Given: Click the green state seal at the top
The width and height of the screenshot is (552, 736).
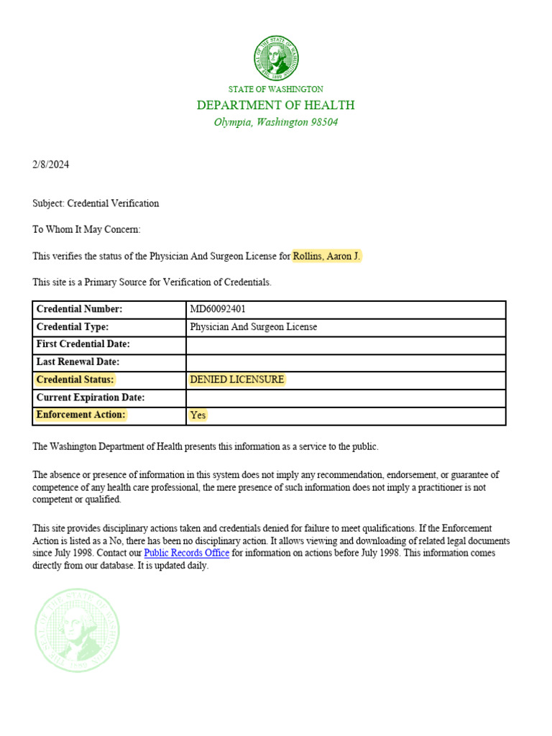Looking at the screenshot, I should [276, 58].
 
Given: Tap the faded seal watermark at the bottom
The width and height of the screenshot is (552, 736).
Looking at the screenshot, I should [78, 630].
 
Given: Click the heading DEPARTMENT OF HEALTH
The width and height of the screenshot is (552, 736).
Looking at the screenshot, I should [276, 106].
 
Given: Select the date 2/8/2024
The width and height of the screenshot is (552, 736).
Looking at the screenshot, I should [51, 165].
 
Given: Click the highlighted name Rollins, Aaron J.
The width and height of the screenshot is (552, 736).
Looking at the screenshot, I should [326, 257].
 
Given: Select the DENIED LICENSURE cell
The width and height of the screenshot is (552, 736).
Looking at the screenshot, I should [237, 379].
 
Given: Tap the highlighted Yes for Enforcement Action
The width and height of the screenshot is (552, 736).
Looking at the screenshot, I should [198, 415].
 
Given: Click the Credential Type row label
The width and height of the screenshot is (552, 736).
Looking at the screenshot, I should [73, 327].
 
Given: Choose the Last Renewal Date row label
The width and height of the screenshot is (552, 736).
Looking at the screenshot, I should [78, 362].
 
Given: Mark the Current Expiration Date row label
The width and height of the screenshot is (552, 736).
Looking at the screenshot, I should [91, 397].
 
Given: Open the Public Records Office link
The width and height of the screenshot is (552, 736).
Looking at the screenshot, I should [187, 553].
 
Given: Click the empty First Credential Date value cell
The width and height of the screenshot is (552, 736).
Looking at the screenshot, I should [345, 344].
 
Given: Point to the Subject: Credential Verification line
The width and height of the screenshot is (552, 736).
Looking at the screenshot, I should [96, 203].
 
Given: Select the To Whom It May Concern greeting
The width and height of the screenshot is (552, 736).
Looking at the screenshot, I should [87, 230].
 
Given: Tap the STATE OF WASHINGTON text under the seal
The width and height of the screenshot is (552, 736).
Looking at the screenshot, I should [276, 89].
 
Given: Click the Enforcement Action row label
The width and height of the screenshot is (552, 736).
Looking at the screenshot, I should [81, 415].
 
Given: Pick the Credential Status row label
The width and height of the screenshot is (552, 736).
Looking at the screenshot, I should [75, 379].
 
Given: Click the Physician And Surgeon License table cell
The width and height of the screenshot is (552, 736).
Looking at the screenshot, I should [253, 327].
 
